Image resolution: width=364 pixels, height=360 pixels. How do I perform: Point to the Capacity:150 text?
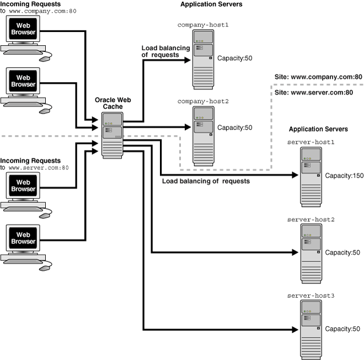point(344,176)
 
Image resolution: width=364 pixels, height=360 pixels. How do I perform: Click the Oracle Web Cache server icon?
point(113,136)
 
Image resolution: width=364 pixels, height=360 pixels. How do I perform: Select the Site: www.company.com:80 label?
point(318,76)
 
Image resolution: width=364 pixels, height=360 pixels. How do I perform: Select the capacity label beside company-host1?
point(234,58)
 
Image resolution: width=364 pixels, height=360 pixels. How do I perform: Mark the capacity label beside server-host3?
point(342,329)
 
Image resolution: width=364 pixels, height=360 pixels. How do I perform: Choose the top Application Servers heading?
point(211,4)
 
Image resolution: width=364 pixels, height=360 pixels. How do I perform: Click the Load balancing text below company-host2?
point(206,181)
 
